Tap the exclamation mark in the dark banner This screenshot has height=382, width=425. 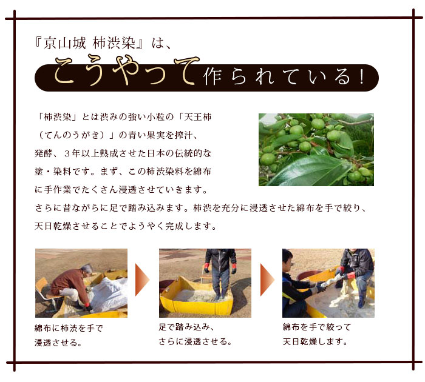coord(362,76)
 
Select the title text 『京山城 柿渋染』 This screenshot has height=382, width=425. coord(89,43)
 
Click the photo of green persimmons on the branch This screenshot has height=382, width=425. coord(316,149)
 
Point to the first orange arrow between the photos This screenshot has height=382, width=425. coord(142,280)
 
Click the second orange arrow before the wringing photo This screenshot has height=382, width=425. coord(267,280)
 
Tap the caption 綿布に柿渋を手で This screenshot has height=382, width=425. coord(69,328)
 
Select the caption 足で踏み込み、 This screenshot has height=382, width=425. coord(187,327)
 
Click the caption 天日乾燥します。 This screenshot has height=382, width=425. coord(315,341)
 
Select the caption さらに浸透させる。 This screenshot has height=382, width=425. coord(195,341)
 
